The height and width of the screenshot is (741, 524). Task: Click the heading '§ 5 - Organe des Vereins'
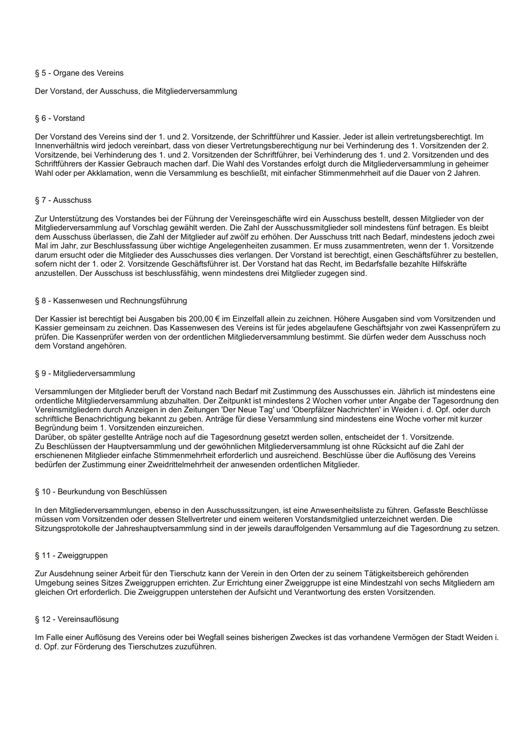(x=79, y=73)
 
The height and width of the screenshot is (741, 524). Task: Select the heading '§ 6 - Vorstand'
(x=60, y=118)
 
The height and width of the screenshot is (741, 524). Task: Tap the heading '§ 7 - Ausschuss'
(x=63, y=200)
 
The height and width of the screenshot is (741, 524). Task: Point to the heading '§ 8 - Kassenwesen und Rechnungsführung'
(x=111, y=301)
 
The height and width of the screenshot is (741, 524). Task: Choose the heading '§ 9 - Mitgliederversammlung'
(x=85, y=373)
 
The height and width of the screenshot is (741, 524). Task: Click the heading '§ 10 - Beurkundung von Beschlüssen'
(x=101, y=492)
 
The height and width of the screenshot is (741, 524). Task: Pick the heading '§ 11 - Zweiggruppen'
(x=71, y=556)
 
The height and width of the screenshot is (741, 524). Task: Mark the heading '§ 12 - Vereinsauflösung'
(x=77, y=619)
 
